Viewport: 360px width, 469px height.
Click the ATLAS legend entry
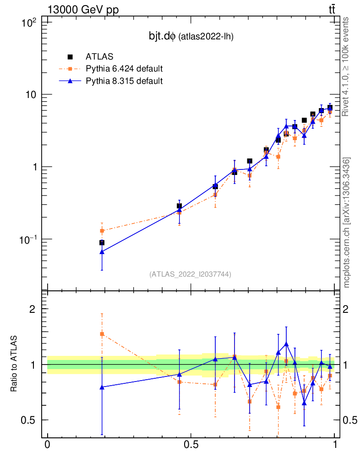(99, 57)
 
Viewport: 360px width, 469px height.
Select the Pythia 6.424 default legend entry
(124, 69)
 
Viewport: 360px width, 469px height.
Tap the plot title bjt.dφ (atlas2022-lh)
(188, 37)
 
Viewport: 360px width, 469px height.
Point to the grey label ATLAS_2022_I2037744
(190, 274)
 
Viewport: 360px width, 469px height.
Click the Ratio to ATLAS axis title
(14, 364)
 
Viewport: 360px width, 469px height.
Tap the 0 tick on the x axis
(47, 445)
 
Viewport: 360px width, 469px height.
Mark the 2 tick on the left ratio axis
(33, 309)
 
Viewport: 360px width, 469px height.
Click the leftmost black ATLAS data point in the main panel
(102, 243)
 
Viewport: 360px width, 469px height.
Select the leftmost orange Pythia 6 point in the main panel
(102, 230)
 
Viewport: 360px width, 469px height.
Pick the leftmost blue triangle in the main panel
(102, 251)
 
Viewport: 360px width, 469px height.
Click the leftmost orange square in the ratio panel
(102, 334)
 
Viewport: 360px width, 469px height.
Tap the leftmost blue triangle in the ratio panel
(102, 387)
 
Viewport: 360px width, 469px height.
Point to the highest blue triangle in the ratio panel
(286, 344)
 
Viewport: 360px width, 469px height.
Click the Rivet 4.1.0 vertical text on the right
(346, 66)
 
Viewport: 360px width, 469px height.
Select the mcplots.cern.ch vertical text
(346, 222)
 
